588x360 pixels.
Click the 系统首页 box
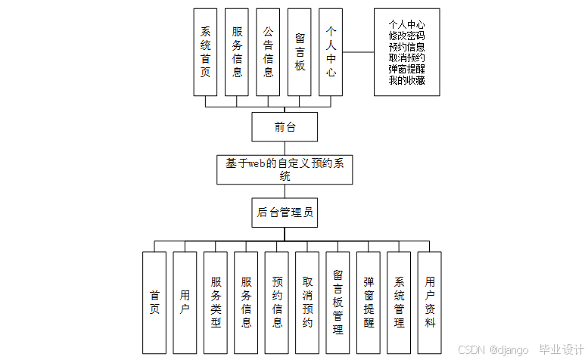pyautogui.click(x=205, y=52)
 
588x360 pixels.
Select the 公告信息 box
pyautogui.click(x=268, y=52)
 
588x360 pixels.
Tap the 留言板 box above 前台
pyautogui.click(x=300, y=52)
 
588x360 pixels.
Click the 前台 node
pyautogui.click(x=285, y=128)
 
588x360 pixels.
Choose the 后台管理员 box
pyautogui.click(x=285, y=213)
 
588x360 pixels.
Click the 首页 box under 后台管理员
pyautogui.click(x=154, y=303)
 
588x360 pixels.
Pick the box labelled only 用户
pyautogui.click(x=185, y=303)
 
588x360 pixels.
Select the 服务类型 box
pyautogui.click(x=216, y=303)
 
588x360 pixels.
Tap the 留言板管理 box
pyautogui.click(x=338, y=303)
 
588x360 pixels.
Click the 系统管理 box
pyautogui.click(x=399, y=303)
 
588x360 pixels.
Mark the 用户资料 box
pyautogui.click(x=429, y=303)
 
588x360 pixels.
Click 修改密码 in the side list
pyautogui.click(x=406, y=36)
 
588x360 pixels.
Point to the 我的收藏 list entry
pyautogui.click(x=406, y=80)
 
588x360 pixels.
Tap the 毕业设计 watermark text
pyautogui.click(x=558, y=349)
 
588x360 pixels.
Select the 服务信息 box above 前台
pyautogui.click(x=237, y=52)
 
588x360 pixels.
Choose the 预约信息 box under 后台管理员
pyautogui.click(x=277, y=303)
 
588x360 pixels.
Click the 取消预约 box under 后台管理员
pyautogui.click(x=307, y=303)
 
